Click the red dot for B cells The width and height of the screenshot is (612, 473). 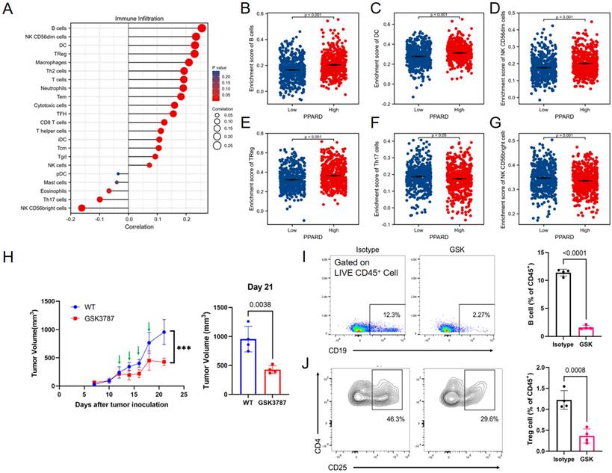(203, 28)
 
